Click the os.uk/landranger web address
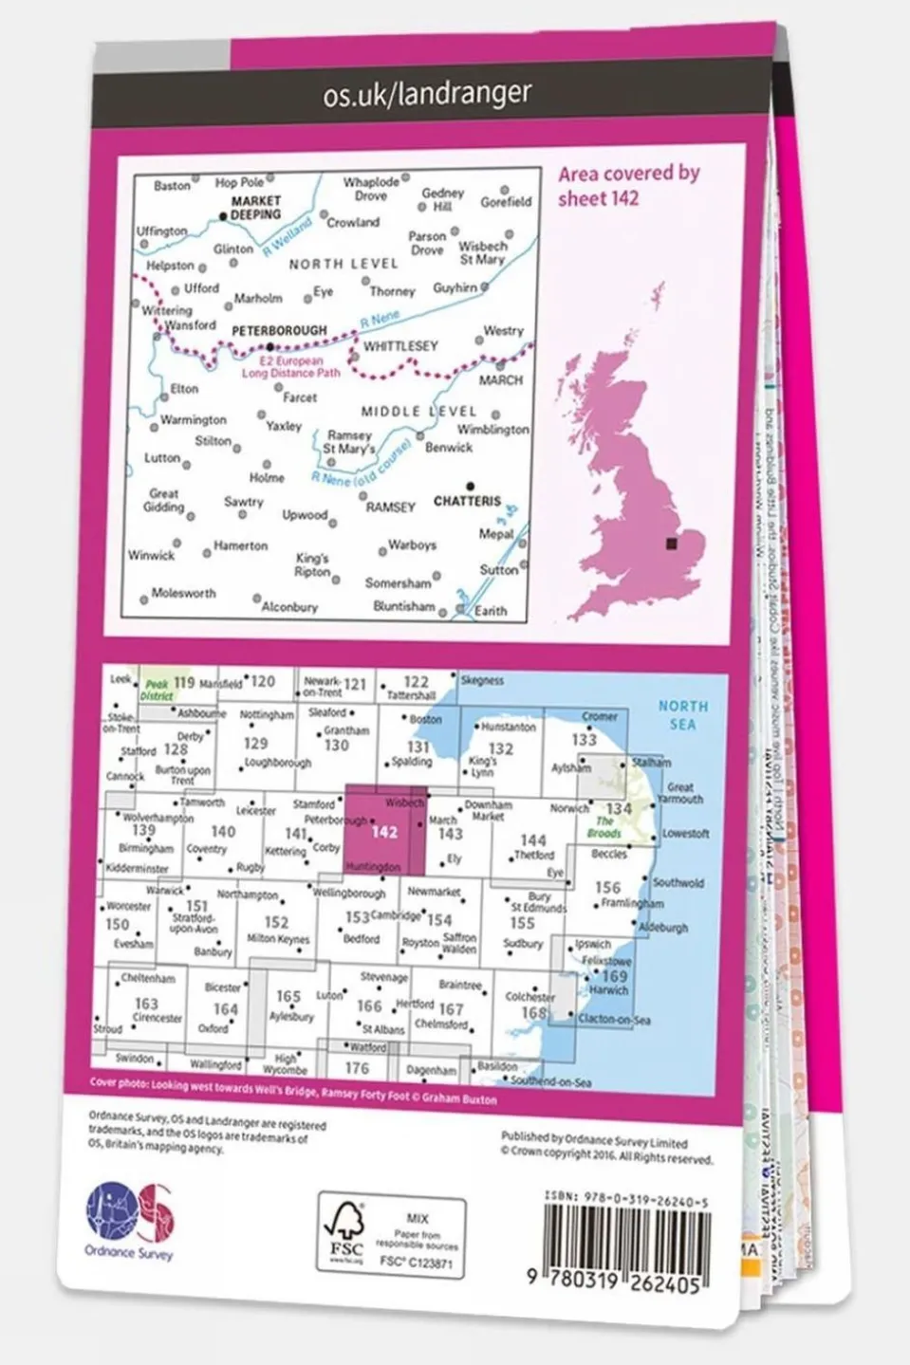pyautogui.click(x=427, y=94)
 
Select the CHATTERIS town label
pyautogui.click(x=467, y=500)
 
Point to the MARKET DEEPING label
pyautogui.click(x=255, y=207)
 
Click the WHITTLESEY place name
pyautogui.click(x=400, y=346)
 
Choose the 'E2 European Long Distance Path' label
pyautogui.click(x=290, y=367)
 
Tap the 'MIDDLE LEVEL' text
pyautogui.click(x=418, y=411)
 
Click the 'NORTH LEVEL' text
pyautogui.click(x=344, y=264)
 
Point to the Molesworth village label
pyautogui.click(x=183, y=593)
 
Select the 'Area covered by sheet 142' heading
pyautogui.click(x=628, y=186)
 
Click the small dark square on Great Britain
pyautogui.click(x=673, y=544)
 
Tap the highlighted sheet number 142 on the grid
pyautogui.click(x=384, y=832)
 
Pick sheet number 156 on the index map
pyautogui.click(x=607, y=887)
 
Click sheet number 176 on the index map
pyautogui.click(x=357, y=1068)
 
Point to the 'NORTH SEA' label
pyautogui.click(x=682, y=715)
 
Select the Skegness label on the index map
pyautogui.click(x=482, y=681)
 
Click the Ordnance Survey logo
pyautogui.click(x=130, y=1220)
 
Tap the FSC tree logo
pyautogui.click(x=346, y=1231)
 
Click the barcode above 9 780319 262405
pyautogui.click(x=626, y=1238)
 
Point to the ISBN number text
pyautogui.click(x=626, y=1200)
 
